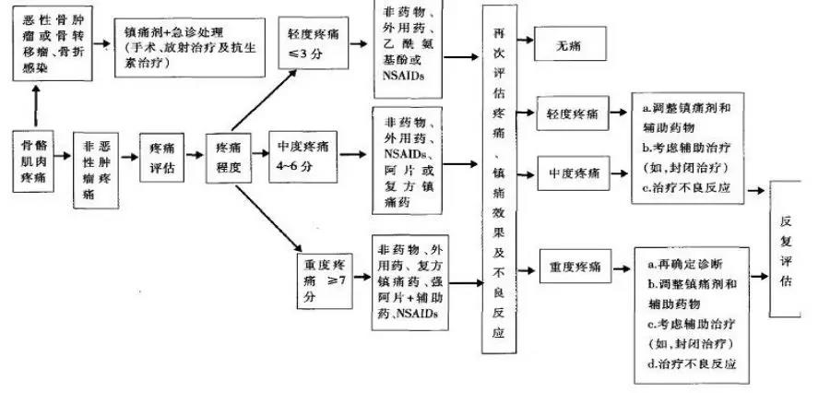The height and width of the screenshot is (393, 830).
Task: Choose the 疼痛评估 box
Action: coord(161,158)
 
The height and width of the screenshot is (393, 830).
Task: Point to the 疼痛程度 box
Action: coord(230,158)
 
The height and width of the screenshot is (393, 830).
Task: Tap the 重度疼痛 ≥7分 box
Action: coord(326,276)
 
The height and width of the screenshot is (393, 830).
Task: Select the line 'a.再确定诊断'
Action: coord(687,266)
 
